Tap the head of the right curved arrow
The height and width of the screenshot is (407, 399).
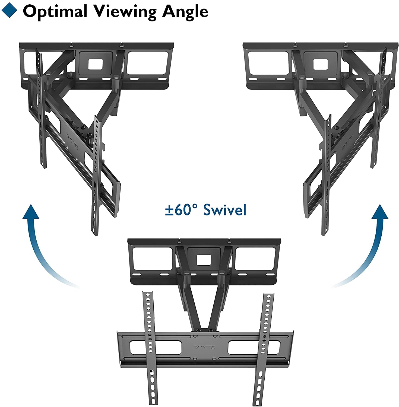(379, 212)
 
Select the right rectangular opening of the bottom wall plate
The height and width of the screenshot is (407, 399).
(255, 258)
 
